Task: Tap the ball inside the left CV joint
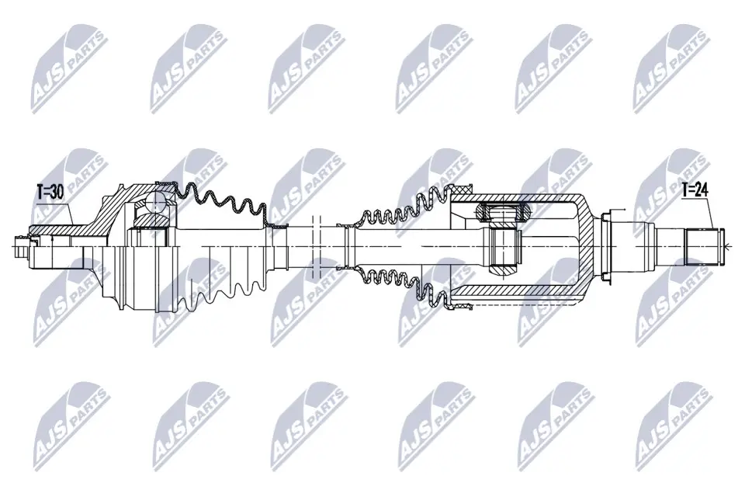pos(152,208)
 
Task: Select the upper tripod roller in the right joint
pos(503,210)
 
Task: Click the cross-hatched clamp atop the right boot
pos(463,191)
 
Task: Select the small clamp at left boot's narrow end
pos(274,226)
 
